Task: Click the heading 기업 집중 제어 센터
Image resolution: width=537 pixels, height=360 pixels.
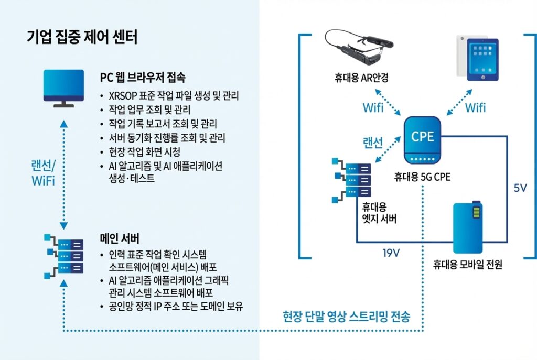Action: [82, 38]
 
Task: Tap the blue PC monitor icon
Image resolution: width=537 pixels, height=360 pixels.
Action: [63, 88]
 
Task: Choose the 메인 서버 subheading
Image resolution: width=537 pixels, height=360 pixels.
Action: [120, 238]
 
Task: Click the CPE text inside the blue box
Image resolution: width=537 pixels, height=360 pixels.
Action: [423, 136]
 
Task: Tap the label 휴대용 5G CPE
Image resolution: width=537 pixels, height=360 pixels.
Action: [422, 178]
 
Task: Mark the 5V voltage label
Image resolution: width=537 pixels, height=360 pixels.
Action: [520, 188]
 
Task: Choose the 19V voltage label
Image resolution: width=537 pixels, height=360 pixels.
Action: [391, 254]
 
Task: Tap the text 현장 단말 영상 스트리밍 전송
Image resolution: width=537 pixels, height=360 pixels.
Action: [346, 317]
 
